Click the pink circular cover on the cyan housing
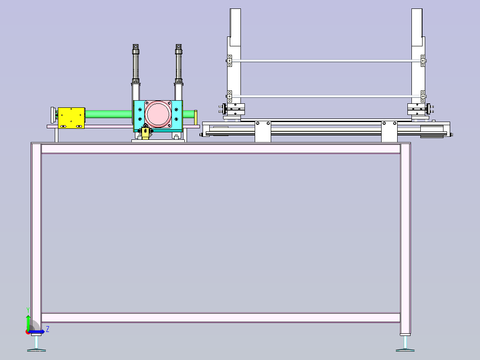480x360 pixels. tap(158, 114)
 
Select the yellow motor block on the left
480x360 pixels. tap(71, 118)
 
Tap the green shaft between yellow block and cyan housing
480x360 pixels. tap(109, 114)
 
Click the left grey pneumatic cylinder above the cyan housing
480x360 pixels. tap(136, 64)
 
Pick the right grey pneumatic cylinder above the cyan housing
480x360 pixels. tap(179, 64)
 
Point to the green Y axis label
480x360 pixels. tap(28, 310)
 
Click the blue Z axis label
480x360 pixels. tap(48, 329)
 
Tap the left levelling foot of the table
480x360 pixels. tap(37, 343)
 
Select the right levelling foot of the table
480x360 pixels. tap(405, 343)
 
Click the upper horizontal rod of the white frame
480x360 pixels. tap(326, 61)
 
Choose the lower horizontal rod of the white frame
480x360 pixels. tap(326, 97)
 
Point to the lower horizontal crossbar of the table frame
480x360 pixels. tap(221, 318)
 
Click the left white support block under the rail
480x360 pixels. tap(263, 132)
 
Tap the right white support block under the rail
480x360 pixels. tap(389, 132)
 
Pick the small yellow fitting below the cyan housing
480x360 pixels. tap(146, 133)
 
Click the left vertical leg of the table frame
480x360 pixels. tap(37, 239)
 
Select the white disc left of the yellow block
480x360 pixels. tap(53, 115)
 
